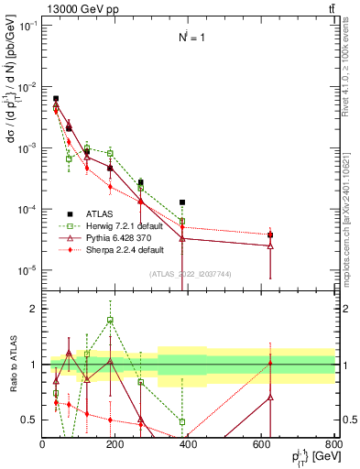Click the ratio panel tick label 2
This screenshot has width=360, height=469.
[33, 309]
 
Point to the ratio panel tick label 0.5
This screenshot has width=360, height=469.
[29, 420]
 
